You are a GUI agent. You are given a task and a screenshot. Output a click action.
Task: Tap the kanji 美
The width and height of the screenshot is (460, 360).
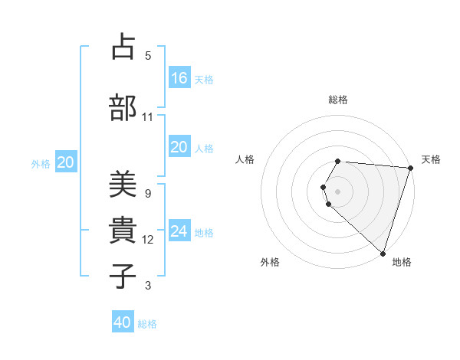123,185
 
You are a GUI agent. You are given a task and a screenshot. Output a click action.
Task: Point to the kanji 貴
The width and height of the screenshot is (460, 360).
123,231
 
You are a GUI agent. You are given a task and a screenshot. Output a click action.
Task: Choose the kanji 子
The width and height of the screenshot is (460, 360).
123,275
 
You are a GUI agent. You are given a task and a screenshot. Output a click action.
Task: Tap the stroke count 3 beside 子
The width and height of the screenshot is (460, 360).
147,286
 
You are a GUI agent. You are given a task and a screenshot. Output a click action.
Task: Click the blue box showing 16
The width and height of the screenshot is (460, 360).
179,77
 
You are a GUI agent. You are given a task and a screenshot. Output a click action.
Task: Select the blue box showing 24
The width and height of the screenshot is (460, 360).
179,231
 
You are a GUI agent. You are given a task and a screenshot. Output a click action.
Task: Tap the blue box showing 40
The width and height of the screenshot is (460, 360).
123,322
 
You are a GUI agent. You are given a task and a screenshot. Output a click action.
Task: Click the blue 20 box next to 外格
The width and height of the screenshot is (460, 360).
66,162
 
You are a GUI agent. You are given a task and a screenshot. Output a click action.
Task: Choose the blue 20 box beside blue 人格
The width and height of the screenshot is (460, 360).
179,147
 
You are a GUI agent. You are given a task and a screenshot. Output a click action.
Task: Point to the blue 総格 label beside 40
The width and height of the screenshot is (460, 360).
147,324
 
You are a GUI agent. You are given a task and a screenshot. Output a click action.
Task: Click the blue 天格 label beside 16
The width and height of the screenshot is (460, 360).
204,79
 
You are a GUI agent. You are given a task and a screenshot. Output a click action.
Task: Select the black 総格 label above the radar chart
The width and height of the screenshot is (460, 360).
338,99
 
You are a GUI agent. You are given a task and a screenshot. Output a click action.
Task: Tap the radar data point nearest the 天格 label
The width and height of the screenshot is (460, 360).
410,169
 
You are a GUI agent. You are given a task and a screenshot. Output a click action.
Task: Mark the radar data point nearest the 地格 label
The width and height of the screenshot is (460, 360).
383,253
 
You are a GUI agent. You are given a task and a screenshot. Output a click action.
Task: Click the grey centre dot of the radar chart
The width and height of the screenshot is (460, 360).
338,191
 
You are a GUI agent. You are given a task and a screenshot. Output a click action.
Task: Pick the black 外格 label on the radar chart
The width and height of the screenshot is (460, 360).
270,262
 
